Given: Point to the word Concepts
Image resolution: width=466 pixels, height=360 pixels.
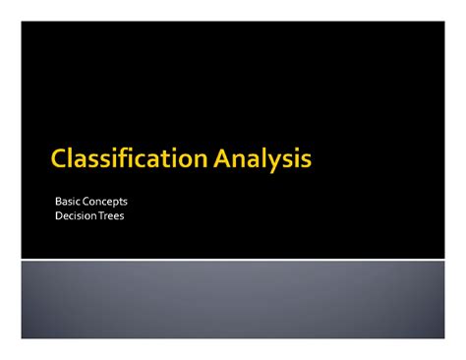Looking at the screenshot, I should coord(105,202).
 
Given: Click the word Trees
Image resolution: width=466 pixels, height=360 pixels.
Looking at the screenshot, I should coord(111,215).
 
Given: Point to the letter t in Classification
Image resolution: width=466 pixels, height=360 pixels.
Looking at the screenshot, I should coord(164,158).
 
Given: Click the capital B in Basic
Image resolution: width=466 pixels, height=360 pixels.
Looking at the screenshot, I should coord(58,202).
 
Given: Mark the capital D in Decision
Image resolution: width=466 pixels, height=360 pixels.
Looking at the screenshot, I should coord(58,215).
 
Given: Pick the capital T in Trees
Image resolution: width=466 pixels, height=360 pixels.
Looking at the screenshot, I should coord(99,215).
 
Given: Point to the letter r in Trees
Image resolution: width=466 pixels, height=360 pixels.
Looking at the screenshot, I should coord(105,216).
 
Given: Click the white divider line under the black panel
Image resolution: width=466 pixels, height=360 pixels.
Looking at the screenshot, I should coord(233,260).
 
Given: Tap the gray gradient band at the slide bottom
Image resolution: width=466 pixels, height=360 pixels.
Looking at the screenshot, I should coord(233,300).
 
